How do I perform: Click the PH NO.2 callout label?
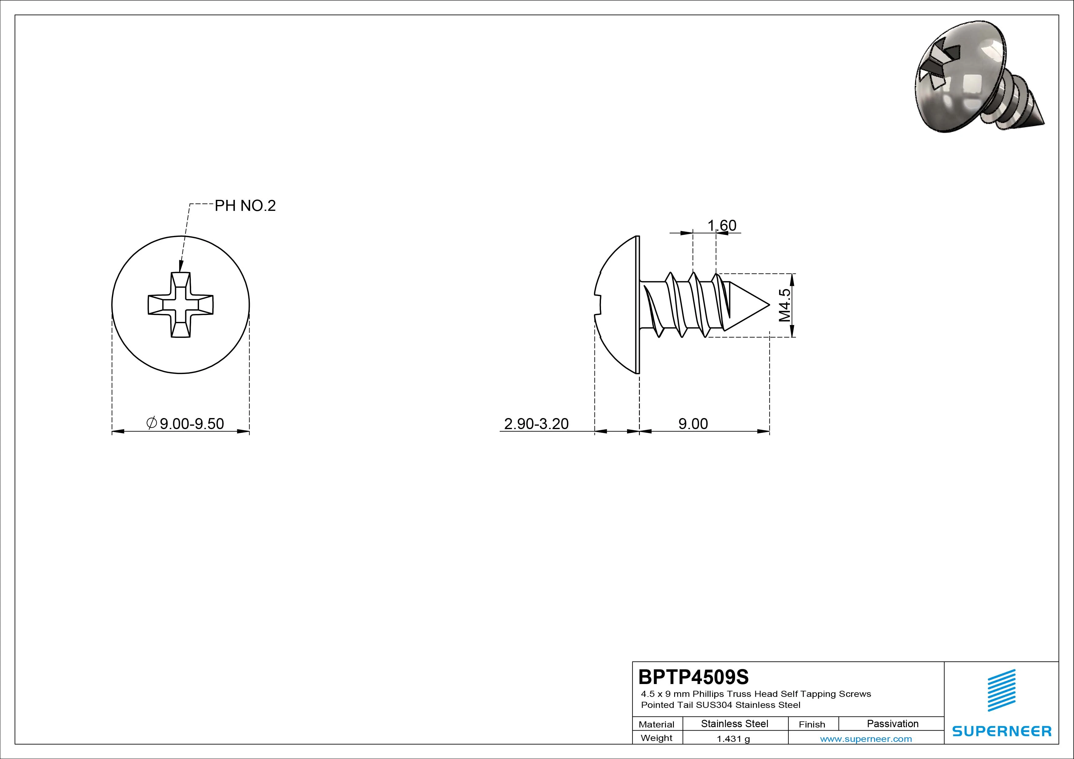(245, 206)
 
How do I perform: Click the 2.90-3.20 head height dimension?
(536, 424)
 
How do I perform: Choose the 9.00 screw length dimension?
(693, 424)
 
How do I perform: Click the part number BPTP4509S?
(693, 677)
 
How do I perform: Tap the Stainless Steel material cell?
(734, 723)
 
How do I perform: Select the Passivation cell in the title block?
(892, 723)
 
